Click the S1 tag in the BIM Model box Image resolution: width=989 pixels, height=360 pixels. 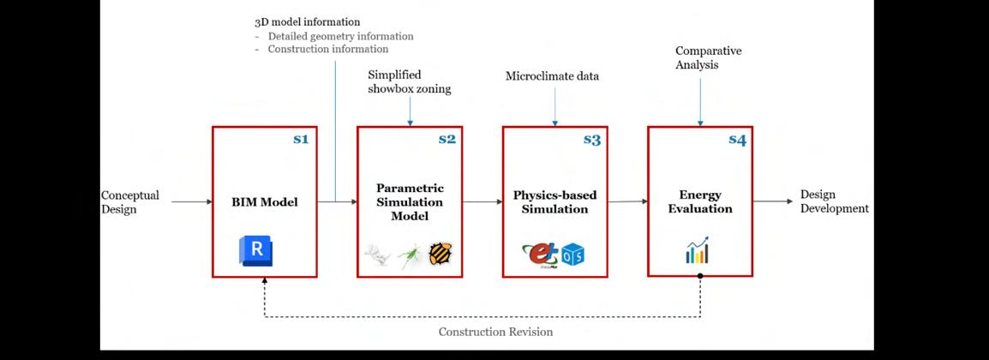pyautogui.click(x=300, y=140)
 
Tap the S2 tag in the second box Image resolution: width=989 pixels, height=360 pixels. pyautogui.click(x=447, y=140)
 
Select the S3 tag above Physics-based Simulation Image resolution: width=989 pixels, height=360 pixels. pyautogui.click(x=591, y=140)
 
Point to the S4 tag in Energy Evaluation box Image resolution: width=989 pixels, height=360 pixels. pyautogui.click(x=737, y=140)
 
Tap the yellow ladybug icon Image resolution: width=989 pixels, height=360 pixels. pyautogui.click(x=441, y=253)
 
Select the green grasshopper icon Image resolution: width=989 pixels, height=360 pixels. pyautogui.click(x=410, y=255)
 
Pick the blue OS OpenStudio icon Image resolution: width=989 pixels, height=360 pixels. pyautogui.click(x=572, y=255)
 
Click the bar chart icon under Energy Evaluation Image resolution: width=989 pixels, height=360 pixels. pyautogui.click(x=697, y=249)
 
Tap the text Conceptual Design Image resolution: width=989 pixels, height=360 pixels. pyautogui.click(x=129, y=201)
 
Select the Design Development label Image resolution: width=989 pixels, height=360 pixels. pyautogui.click(x=834, y=201)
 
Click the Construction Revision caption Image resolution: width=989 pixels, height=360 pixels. pyautogui.click(x=495, y=332)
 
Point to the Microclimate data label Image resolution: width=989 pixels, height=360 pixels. pyautogui.click(x=552, y=76)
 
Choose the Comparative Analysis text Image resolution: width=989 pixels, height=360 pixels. pyautogui.click(x=708, y=57)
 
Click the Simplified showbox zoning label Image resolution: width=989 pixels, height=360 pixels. pyautogui.click(x=409, y=81)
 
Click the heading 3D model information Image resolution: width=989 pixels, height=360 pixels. pyautogui.click(x=307, y=21)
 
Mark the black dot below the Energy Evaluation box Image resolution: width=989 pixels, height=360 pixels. pyautogui.click(x=700, y=277)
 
